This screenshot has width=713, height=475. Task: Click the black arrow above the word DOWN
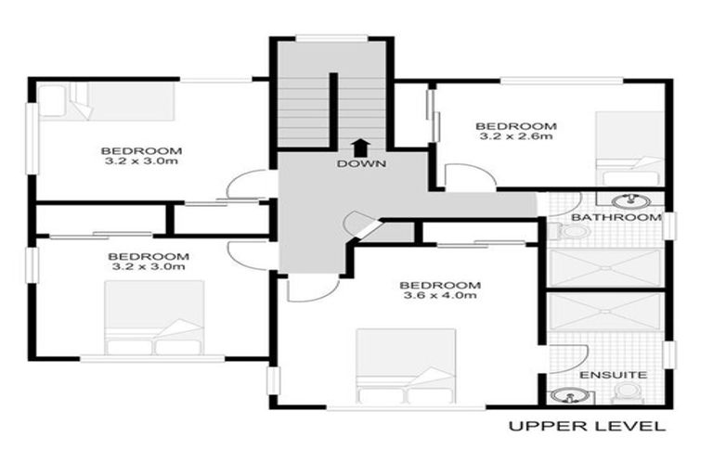tap(360, 147)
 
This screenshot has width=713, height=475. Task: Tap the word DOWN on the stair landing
tap(361, 163)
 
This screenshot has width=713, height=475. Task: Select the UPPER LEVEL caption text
tap(587, 426)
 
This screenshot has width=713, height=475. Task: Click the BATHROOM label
tap(616, 217)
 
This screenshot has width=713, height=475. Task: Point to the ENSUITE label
tap(614, 375)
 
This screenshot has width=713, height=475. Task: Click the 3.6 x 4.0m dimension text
tap(440, 295)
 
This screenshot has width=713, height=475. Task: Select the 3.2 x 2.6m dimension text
tap(516, 135)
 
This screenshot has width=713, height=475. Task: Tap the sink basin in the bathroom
tap(629, 200)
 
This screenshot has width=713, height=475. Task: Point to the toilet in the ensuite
tap(628, 393)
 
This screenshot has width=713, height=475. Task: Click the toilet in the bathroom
tap(571, 232)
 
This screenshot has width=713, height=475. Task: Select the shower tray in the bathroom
tap(605, 268)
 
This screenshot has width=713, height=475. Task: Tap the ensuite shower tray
tap(605, 312)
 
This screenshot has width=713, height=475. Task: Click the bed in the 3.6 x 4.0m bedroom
tap(406, 366)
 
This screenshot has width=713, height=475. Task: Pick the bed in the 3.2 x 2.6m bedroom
tap(629, 148)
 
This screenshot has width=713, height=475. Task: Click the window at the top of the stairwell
tap(331, 38)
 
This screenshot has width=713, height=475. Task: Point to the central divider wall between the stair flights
tap(333, 110)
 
